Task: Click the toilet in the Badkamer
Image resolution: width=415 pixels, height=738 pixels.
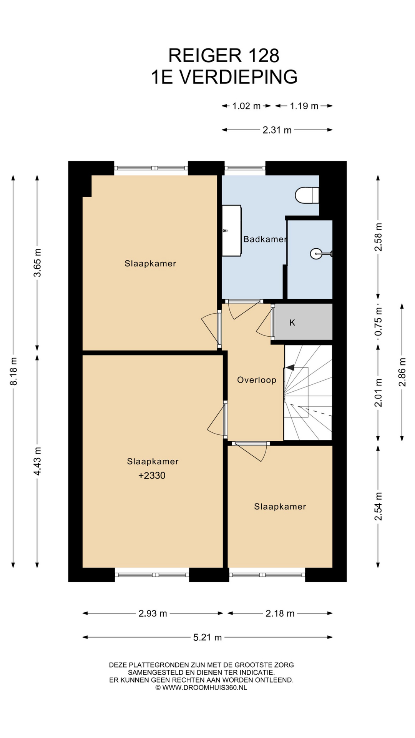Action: tap(307, 195)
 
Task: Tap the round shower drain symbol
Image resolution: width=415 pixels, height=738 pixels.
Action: tap(315, 254)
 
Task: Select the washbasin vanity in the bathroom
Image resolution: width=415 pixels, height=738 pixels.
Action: tap(232, 231)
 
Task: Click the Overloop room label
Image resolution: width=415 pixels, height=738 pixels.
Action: tap(257, 380)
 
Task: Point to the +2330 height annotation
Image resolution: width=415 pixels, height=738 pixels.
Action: tap(152, 475)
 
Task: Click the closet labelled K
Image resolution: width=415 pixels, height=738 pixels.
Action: tap(304, 322)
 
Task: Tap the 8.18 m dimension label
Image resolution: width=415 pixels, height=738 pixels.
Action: tap(13, 371)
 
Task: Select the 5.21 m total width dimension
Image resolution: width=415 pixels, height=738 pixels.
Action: tap(207, 637)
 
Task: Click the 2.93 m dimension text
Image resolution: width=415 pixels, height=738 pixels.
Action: tap(153, 613)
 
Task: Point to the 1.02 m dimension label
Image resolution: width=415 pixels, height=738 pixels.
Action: tap(246, 106)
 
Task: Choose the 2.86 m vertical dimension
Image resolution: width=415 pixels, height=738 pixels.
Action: tap(402, 372)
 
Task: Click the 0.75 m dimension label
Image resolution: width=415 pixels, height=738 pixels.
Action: tap(378, 322)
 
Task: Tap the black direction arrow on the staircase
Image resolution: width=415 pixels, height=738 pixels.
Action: tap(290, 367)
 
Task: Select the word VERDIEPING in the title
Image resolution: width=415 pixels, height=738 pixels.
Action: tap(239, 77)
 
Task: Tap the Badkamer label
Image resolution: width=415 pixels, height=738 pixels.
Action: tap(265, 239)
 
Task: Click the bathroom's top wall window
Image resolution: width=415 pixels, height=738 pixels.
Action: tap(245, 168)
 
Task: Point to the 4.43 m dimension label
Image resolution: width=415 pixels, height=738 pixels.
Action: tap(37, 461)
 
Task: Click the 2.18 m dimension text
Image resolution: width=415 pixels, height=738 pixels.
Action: tap(280, 613)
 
